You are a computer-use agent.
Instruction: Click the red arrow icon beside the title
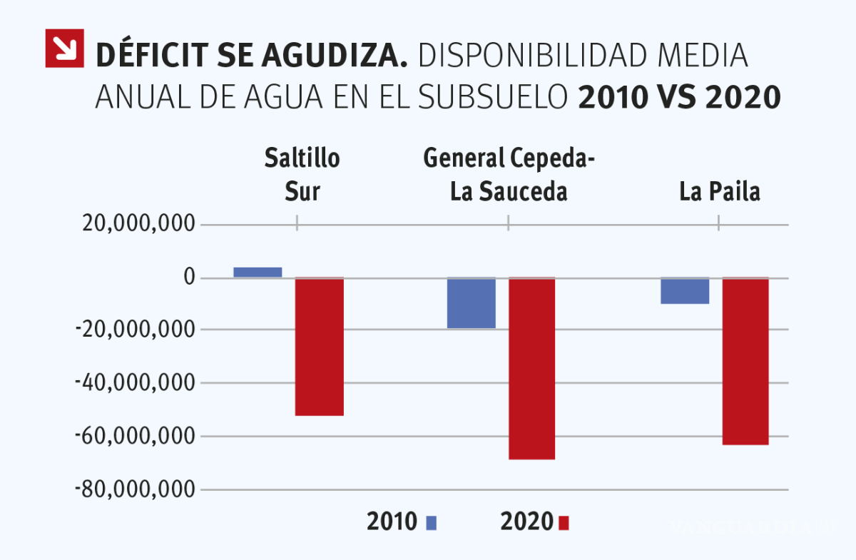click(64, 48)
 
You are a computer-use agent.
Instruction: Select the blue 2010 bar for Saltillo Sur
click(258, 272)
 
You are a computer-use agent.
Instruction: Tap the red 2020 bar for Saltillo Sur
click(320, 346)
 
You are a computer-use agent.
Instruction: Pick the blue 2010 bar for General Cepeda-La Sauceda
click(472, 303)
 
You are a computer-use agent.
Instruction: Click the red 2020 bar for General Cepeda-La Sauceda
click(531, 368)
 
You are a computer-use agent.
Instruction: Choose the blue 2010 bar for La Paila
click(685, 290)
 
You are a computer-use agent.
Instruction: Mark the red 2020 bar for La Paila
click(745, 361)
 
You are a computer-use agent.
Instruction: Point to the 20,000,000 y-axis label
click(138, 224)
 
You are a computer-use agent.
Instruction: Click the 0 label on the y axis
click(188, 277)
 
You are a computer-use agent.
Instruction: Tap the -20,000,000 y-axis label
click(135, 330)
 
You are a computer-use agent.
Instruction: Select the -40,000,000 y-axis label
click(135, 383)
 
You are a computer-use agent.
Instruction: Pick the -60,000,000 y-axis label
click(135, 436)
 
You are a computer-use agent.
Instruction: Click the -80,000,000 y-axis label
click(135, 489)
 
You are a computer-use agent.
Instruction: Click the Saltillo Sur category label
click(302, 175)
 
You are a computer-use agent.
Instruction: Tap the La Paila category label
click(719, 192)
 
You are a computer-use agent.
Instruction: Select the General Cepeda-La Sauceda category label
click(509, 175)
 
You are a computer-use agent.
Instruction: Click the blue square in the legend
click(431, 523)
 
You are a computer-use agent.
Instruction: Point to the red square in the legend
click(564, 523)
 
